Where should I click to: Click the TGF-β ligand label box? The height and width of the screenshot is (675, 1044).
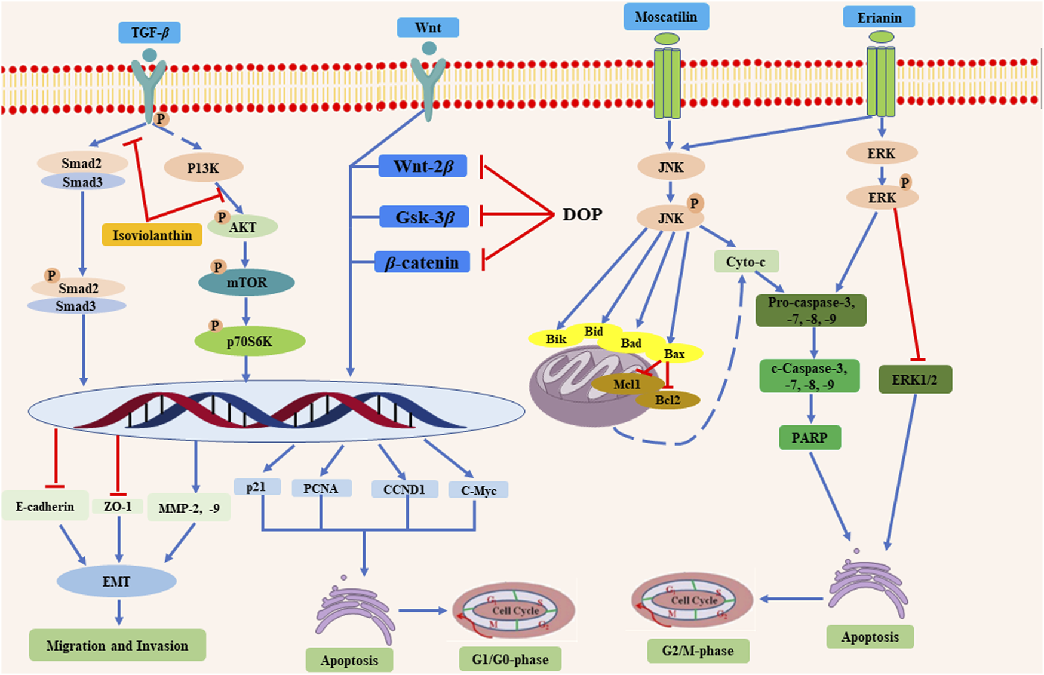pos(149,32)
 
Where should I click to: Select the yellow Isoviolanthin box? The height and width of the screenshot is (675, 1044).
pos(152,235)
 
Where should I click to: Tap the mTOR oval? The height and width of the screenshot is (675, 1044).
pos(246,283)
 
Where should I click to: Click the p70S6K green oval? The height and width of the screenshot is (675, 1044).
pos(250,342)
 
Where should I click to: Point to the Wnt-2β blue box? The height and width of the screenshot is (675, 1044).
pos(423,166)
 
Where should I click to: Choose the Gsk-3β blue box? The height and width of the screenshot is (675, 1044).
pos(424,217)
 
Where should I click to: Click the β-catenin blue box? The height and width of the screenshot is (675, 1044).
pos(422,262)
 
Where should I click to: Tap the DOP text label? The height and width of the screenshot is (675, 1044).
pos(582,214)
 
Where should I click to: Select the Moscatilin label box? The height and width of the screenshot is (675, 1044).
pos(666,17)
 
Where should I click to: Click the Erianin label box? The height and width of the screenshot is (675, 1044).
pos(879,18)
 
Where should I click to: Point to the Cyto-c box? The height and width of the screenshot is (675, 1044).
pos(746,262)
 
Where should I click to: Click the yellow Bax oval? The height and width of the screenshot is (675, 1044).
pos(675,354)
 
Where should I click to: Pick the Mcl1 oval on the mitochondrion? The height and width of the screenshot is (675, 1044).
pos(627,384)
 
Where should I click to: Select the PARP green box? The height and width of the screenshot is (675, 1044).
pos(810,438)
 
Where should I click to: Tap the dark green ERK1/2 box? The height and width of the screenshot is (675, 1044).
pos(915,379)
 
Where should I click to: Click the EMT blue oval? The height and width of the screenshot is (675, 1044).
pos(116,581)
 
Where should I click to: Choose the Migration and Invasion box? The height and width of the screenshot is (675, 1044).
pos(118,645)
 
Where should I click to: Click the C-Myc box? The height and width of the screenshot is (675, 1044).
pos(478,490)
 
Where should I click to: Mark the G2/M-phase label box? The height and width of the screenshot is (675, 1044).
pos(698,651)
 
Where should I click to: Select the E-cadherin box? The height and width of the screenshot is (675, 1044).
pos(45,507)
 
